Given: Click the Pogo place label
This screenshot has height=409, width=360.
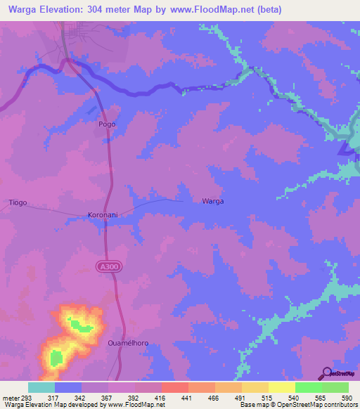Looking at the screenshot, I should (x=106, y=124).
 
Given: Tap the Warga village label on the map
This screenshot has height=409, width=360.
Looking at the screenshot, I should (x=212, y=201).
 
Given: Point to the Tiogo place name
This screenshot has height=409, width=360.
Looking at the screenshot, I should (x=18, y=202).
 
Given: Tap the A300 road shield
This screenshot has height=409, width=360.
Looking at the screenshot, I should (x=105, y=266).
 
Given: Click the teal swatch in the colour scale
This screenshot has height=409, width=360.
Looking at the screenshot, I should (x=41, y=387).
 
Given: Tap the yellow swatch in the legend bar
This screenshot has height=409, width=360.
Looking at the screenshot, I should (x=282, y=387).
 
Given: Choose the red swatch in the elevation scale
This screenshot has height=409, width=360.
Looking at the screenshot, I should (x=174, y=387).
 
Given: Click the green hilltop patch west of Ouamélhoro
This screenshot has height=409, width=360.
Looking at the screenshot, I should (x=56, y=358).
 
